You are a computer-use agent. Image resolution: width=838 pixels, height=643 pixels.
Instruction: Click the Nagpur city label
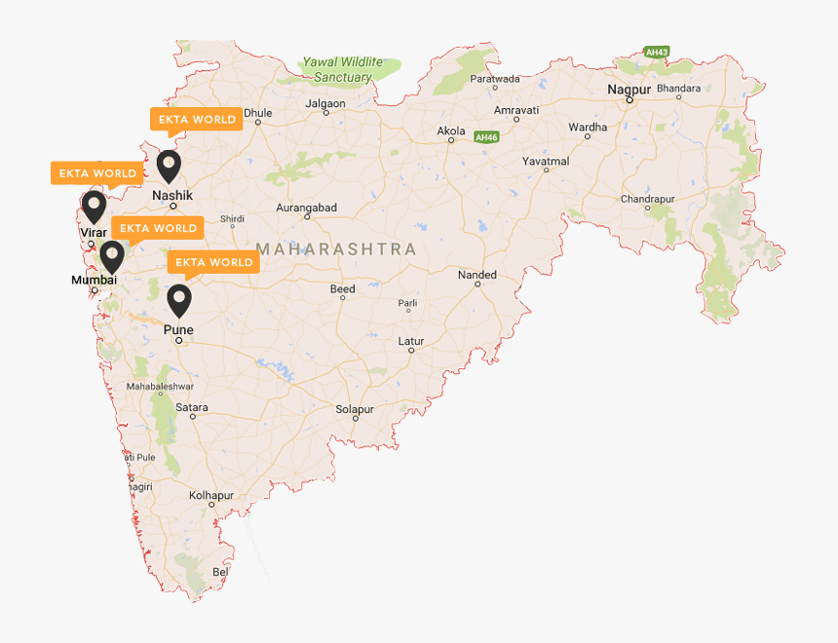pos(628,90)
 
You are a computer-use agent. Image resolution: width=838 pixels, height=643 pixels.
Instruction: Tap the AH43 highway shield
pos(656,51)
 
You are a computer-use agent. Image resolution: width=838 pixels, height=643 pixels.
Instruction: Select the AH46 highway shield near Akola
pos(486,137)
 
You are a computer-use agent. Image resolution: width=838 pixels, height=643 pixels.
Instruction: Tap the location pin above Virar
pos(94,207)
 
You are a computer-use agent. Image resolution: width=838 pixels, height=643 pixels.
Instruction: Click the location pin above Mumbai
pos(112,256)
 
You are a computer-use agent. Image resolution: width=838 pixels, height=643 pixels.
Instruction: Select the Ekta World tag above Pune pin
pos(213,262)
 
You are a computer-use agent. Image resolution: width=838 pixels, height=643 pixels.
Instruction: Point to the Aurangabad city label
pos(306,208)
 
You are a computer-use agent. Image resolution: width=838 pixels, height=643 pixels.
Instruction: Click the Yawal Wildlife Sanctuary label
pos(337,69)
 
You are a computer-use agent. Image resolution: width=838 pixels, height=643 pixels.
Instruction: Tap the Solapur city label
pos(355,409)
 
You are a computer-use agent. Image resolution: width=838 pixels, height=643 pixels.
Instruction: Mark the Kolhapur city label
pos(212,495)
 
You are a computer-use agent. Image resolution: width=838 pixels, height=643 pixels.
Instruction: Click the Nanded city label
pos(477,276)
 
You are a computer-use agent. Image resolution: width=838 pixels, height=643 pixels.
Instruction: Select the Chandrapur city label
pos(648,199)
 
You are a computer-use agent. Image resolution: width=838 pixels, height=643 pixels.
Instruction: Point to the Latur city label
pos(411,341)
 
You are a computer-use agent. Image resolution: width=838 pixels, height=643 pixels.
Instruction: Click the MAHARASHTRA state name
pos(336,249)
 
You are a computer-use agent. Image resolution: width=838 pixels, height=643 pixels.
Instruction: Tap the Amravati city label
pos(516,110)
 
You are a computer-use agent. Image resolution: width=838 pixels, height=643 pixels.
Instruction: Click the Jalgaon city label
pos(325,103)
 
